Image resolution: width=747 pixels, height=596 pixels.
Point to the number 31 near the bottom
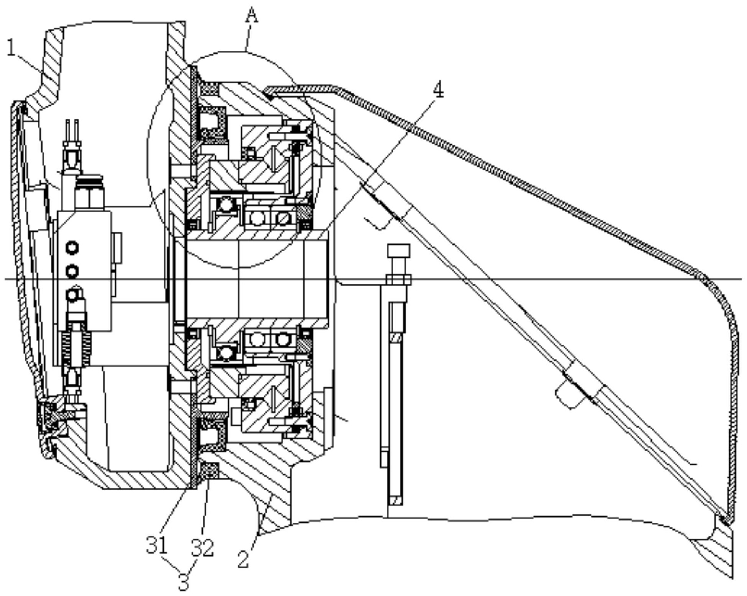pos(157,545)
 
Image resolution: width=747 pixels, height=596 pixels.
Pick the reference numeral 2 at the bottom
pos(243,559)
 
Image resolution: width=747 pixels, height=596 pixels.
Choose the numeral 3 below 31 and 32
pos(184,582)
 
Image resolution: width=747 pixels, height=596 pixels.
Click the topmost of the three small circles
pos(72,248)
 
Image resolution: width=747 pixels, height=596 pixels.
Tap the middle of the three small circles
pos(72,271)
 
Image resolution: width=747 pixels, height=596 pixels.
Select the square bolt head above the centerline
pos(398,251)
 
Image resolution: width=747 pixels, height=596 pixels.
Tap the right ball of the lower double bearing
pos(283,339)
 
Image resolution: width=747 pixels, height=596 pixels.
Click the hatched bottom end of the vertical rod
pos(396,500)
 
